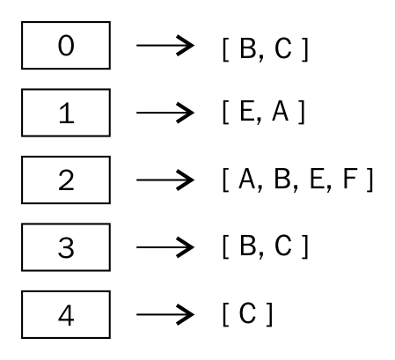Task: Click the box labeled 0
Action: (x=66, y=45)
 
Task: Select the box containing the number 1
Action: (x=66, y=113)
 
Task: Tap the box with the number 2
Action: (x=66, y=180)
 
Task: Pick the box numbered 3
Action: (x=66, y=247)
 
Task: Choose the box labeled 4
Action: (x=66, y=314)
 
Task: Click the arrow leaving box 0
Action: (x=165, y=45)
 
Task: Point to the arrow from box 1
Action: (x=165, y=113)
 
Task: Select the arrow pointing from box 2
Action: (x=165, y=180)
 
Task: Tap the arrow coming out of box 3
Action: (x=165, y=247)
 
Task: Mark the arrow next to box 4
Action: (x=165, y=314)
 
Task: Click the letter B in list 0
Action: (x=248, y=48)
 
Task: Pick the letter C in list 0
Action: (x=283, y=48)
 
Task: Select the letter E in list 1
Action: (x=246, y=111)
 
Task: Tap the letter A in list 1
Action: (x=281, y=111)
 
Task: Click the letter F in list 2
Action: (x=350, y=179)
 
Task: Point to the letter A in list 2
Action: (x=247, y=179)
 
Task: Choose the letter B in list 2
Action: (x=282, y=179)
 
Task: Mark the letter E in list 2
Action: (x=317, y=179)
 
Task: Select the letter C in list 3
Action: (x=283, y=246)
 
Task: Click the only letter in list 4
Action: (x=248, y=313)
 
